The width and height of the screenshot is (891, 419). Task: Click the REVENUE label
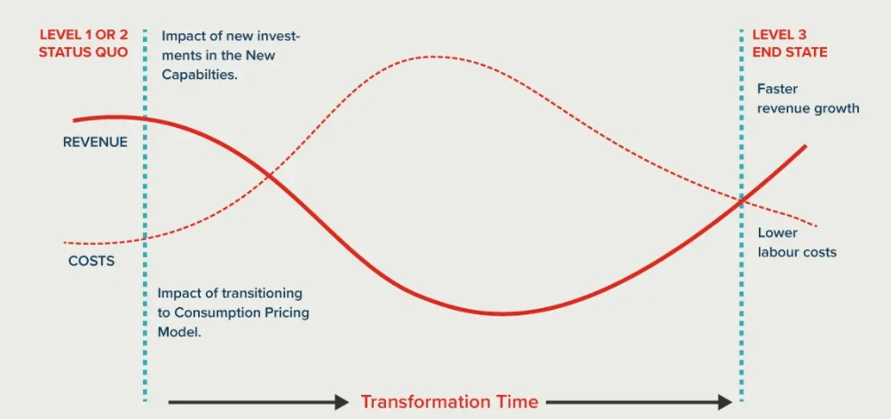coord(95,142)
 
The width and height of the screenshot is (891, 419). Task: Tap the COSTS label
coord(91,262)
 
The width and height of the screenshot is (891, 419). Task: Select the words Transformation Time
coord(449,402)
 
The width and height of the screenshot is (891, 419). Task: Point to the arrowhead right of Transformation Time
coord(726,402)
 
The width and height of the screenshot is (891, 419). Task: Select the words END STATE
coord(790,52)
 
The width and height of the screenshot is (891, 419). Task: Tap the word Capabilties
coord(200,75)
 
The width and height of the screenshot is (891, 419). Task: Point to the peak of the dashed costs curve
coord(432,56)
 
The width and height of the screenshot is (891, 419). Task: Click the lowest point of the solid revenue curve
coord(500,313)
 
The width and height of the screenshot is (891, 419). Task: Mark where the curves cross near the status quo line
coord(268,178)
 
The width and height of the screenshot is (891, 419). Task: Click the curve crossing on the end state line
coord(741,200)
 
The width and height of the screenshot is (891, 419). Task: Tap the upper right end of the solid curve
coord(805,146)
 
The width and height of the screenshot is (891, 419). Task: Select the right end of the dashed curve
coord(817,226)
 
